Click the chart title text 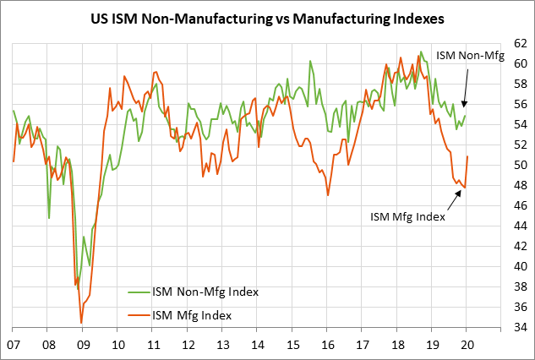tap(267, 16)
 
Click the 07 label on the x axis tap(13, 345)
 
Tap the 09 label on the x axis tap(83, 345)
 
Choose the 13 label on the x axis tap(222, 345)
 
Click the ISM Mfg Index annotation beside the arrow tap(407, 216)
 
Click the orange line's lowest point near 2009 tap(81, 323)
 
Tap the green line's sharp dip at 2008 tap(49, 218)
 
